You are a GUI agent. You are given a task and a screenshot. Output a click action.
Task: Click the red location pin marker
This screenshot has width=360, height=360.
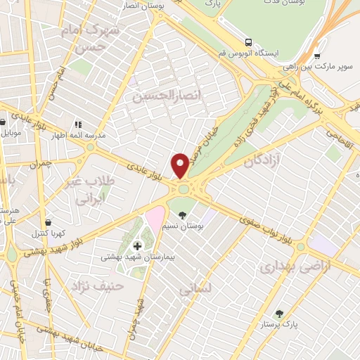(181, 165)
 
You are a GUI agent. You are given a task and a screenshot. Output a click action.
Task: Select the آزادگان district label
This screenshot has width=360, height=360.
(262, 161)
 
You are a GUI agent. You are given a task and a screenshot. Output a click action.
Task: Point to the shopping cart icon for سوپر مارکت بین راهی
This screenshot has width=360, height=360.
(318, 56)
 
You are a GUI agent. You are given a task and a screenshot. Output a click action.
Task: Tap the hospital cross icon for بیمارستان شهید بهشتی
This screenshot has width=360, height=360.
(137, 246)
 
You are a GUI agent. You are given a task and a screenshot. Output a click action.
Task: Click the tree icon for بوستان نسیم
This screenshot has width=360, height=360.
(184, 214)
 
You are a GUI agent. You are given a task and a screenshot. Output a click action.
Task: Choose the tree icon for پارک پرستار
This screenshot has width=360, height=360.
(281, 313)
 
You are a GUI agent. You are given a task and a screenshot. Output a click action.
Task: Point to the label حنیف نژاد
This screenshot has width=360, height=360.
(97, 285)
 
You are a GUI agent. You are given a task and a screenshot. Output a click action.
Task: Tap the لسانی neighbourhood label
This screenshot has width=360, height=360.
(195, 288)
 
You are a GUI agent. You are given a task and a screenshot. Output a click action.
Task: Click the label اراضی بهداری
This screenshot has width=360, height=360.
(285, 267)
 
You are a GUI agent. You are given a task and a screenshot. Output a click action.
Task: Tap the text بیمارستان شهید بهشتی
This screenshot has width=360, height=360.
(135, 258)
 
